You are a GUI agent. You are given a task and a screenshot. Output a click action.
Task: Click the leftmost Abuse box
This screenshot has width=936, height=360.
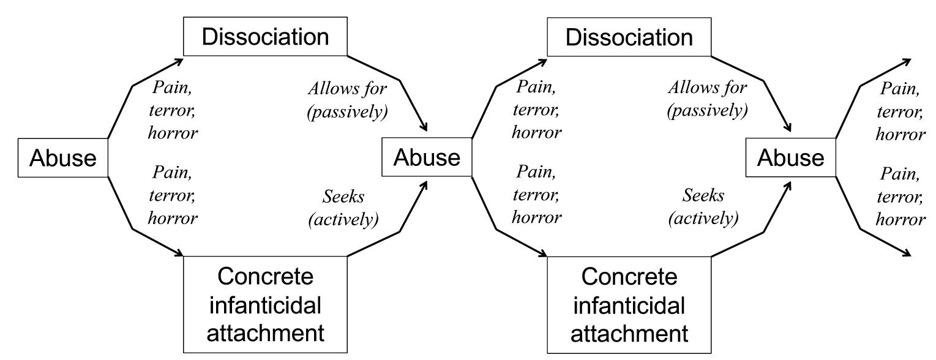[x=63, y=159]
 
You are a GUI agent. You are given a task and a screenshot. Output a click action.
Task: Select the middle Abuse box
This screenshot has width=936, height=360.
[x=427, y=158]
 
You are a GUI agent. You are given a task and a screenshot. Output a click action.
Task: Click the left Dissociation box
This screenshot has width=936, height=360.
[x=265, y=37]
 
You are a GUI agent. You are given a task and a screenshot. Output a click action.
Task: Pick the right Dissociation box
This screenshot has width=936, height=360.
[x=629, y=37]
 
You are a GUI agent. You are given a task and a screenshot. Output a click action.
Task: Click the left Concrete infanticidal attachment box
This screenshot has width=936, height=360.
[x=265, y=305]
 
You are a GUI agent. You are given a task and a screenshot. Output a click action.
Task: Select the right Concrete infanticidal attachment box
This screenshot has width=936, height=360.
[x=629, y=305]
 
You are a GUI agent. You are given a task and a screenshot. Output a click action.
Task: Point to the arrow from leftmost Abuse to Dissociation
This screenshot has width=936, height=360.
[x=133, y=85]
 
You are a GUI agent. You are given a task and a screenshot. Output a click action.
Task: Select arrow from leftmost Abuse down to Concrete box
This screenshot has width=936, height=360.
[x=133, y=229]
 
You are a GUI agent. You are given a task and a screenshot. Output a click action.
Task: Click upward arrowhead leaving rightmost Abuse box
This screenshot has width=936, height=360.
[x=907, y=61]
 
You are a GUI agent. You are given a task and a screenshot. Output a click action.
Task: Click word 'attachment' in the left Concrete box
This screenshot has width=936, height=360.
[x=265, y=333]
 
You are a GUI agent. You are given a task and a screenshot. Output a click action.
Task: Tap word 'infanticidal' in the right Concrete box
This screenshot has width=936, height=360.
[x=629, y=305]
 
